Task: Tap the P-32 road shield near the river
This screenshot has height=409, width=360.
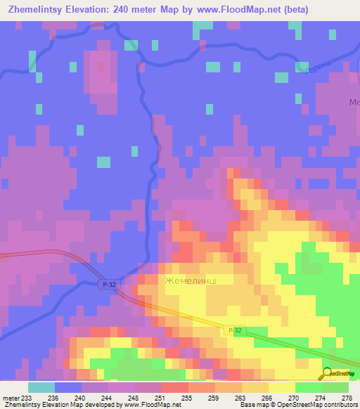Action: pos(105,284)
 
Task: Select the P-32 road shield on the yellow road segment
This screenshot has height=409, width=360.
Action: pos(236,330)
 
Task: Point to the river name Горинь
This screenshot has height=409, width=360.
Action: pos(313,66)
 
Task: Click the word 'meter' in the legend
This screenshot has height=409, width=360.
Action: pos(10,398)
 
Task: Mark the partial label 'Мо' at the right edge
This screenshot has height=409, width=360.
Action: pos(354,103)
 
